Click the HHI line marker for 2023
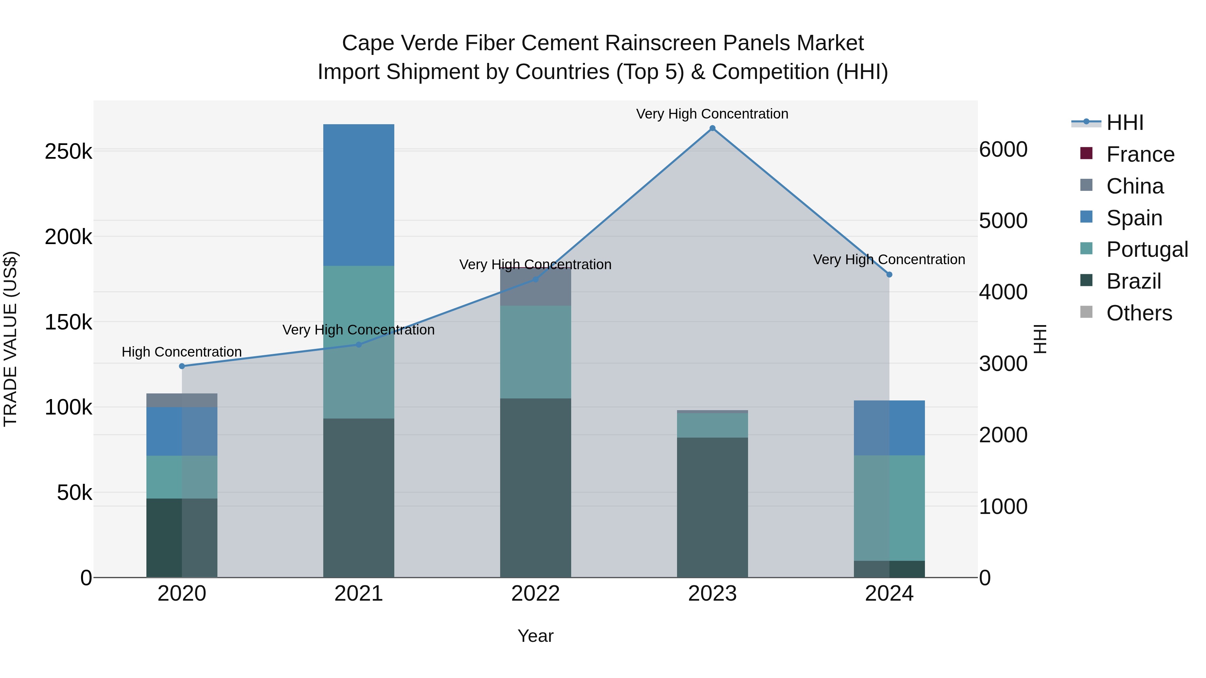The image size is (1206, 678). (x=712, y=128)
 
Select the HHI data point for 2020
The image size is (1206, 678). (x=182, y=366)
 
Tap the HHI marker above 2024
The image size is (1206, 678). (x=889, y=275)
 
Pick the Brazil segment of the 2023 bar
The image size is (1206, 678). (x=712, y=507)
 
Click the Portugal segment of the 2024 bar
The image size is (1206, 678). (x=889, y=508)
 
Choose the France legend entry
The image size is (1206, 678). (x=1140, y=154)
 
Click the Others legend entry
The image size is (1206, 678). (x=1139, y=313)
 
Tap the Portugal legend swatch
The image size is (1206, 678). (x=1086, y=248)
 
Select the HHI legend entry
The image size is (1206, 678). (x=1125, y=123)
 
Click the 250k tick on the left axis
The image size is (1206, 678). (x=68, y=152)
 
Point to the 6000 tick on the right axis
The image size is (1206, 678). (x=1003, y=150)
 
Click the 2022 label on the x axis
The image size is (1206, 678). (x=536, y=594)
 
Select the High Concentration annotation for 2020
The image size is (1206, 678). (x=182, y=352)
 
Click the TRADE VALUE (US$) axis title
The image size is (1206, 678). (x=10, y=339)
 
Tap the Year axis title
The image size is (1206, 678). (x=536, y=636)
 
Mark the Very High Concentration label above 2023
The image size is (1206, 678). (x=712, y=114)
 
